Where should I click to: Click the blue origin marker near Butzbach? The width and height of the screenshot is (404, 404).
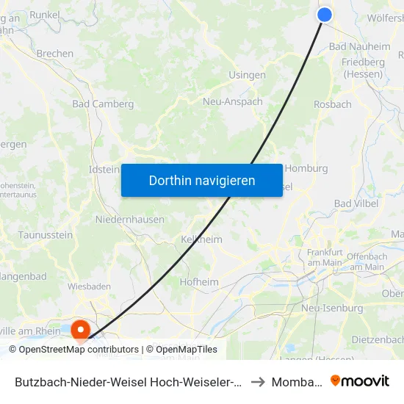pyautogui.click(x=325, y=15)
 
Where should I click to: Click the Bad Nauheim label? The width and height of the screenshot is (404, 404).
pyautogui.click(x=360, y=46)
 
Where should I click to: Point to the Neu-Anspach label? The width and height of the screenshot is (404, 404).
pyautogui.click(x=232, y=102)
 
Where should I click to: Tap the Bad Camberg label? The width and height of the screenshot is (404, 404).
pyautogui.click(x=103, y=104)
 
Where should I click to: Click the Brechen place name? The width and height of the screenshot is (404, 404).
pyautogui.click(x=55, y=54)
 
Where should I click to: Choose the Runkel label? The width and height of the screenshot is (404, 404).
pyautogui.click(x=45, y=14)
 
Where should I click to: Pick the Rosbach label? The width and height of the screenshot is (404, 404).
pyautogui.click(x=333, y=104)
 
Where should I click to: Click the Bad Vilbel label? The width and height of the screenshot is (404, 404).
pyautogui.click(x=356, y=203)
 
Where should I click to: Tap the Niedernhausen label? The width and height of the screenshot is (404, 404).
pyautogui.click(x=129, y=219)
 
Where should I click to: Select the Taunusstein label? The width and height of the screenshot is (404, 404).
pyautogui.click(x=46, y=235)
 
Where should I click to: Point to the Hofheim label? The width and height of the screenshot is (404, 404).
pyautogui.click(x=199, y=281)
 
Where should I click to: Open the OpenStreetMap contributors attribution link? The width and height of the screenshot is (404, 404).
pyautogui.click(x=79, y=350)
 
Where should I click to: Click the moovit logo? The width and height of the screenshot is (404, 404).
pyautogui.click(x=360, y=381)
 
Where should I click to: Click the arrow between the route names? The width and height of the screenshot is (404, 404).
pyautogui.click(x=257, y=382)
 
